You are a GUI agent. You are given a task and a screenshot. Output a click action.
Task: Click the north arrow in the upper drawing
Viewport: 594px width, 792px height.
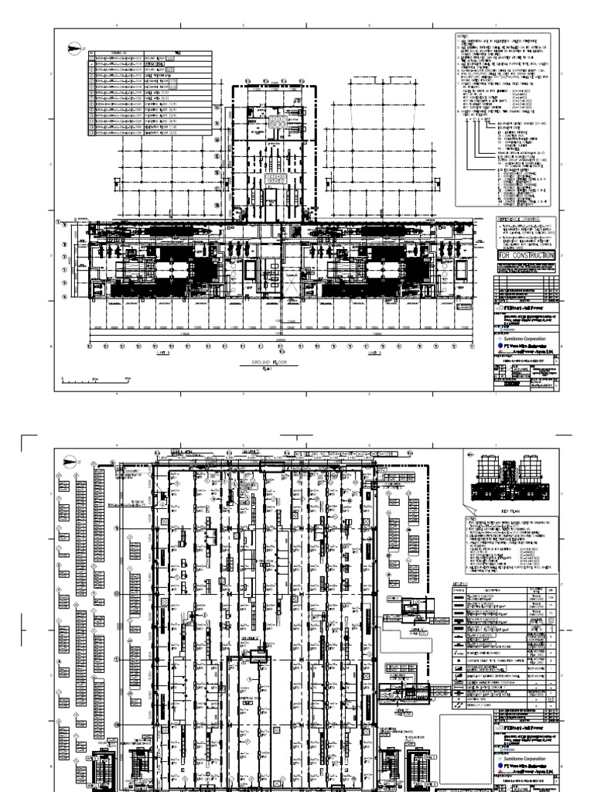coord(72,48)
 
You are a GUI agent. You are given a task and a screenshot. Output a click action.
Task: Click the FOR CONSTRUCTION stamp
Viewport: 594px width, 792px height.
coord(523,256)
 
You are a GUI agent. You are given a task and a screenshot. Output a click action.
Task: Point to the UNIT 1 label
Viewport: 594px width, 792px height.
coord(162,350)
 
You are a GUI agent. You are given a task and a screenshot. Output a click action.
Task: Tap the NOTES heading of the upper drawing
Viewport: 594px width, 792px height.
coord(462,39)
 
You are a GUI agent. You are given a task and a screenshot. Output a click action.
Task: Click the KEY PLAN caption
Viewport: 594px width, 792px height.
coord(509,511)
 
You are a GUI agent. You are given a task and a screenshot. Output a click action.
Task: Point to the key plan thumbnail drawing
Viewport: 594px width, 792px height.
coord(509,479)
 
